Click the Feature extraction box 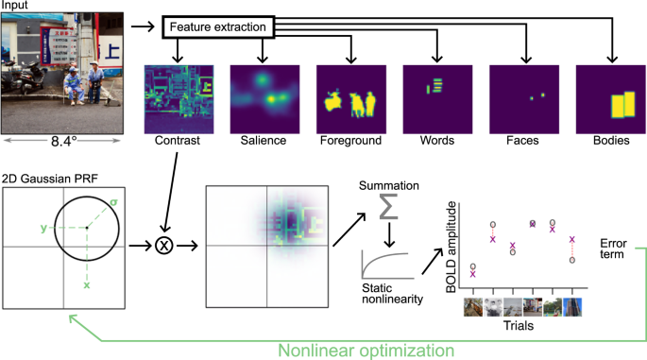pos(218,28)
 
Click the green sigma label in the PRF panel pos(113,201)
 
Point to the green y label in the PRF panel pos(44,228)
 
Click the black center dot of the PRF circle pos(87,228)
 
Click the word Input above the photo pos(16,6)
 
